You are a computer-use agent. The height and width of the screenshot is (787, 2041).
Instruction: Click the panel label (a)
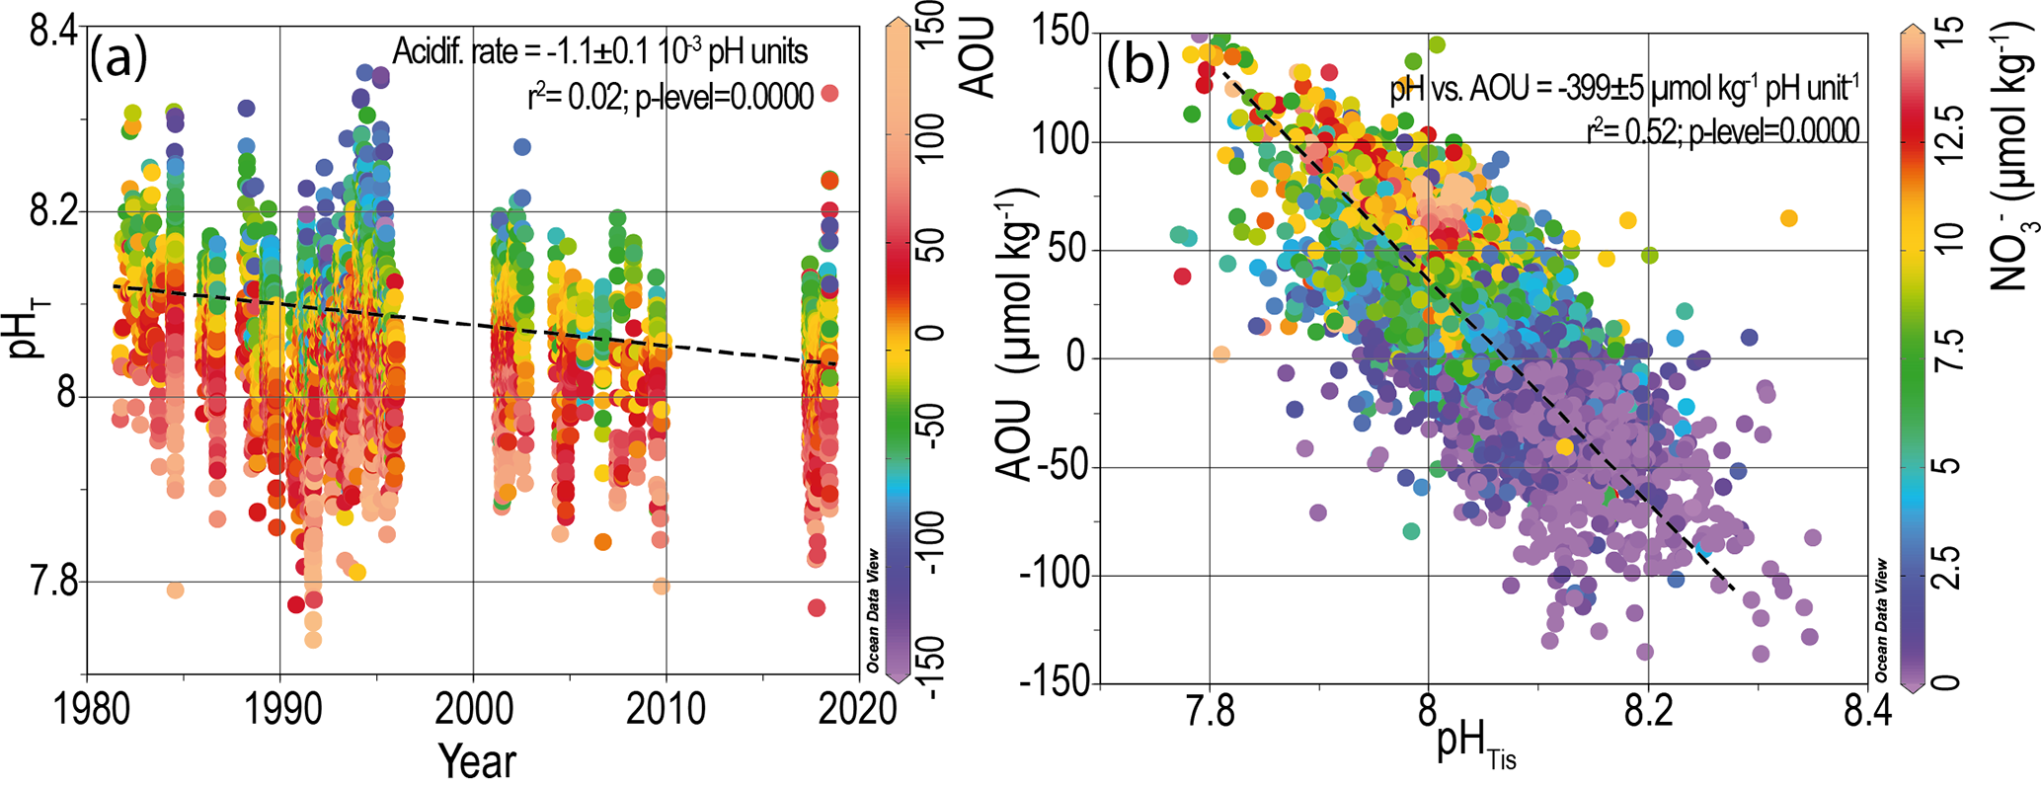coord(118,59)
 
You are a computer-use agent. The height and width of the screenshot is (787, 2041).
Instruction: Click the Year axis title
coord(477,761)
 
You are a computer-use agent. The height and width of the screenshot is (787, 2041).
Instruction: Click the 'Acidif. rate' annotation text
coord(600,51)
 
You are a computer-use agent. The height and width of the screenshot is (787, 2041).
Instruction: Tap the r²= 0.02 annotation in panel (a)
coord(670,97)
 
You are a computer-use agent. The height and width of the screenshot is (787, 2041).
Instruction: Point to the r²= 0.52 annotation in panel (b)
coord(1722,130)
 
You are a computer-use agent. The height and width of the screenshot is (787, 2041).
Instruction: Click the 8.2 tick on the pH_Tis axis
coord(1647,709)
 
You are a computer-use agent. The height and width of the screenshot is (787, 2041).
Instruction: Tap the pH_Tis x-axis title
coord(1475,748)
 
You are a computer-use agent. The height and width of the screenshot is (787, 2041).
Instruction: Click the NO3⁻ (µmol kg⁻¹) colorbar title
coord(2009,158)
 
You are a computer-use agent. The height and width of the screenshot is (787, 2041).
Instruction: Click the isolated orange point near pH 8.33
coord(1787,218)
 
